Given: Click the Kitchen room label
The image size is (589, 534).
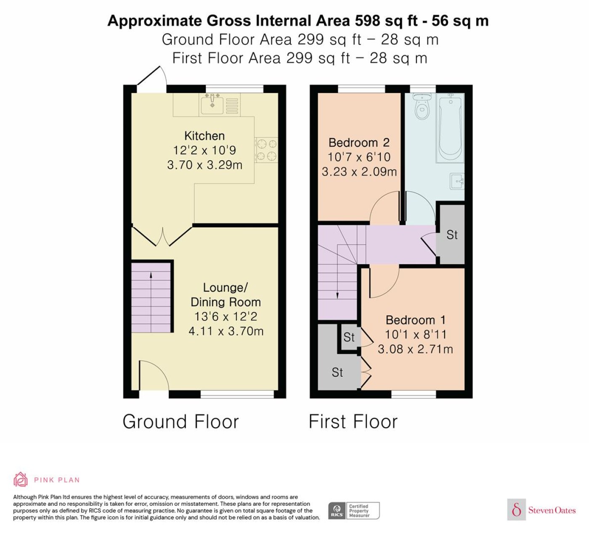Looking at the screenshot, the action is tap(204, 136).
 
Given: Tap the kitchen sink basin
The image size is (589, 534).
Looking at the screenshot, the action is tap(212, 105).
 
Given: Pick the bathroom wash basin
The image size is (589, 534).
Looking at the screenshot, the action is tap(457, 181).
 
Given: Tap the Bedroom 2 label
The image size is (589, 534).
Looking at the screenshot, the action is tap(359, 143).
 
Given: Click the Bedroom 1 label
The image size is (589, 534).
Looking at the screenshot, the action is tap(416, 320).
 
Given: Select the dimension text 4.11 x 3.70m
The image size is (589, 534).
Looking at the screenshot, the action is tap(226, 331).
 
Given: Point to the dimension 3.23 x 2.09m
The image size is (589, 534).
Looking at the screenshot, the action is tap(359, 172).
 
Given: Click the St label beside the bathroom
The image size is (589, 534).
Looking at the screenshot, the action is tap(452, 235).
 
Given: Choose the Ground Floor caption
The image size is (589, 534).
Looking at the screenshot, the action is tap(180, 422).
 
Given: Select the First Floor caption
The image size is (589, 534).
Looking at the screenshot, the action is tap(353, 422).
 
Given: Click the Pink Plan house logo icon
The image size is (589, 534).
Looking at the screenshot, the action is tap(21, 480).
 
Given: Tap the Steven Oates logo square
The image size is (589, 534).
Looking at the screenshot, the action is tap(517, 510).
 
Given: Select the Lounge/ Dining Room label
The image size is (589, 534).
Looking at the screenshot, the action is tap(226, 295).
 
